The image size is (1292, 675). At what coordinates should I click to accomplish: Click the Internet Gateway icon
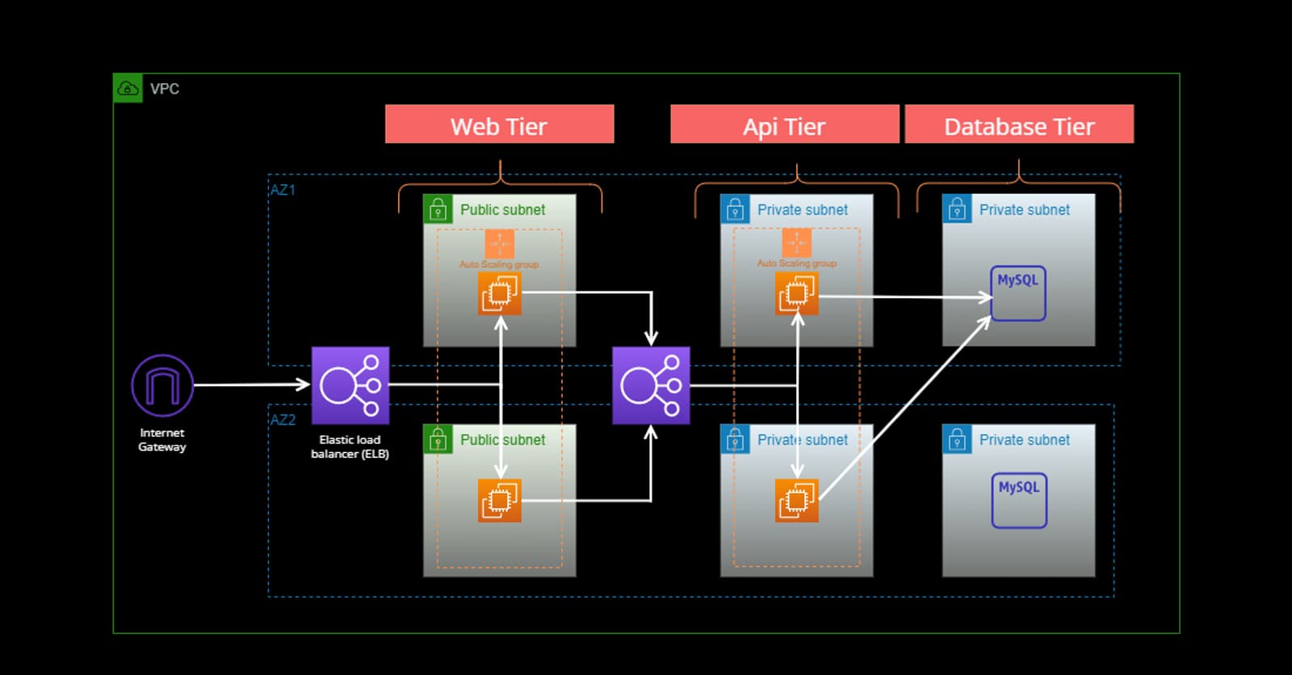pos(162,386)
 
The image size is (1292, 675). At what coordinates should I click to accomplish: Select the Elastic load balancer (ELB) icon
pos(350,386)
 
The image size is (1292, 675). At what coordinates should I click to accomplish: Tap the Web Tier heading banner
pos(499,124)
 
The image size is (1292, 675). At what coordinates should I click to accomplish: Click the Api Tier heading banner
pos(784,124)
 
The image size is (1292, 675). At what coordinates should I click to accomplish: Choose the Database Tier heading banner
pos(1019,124)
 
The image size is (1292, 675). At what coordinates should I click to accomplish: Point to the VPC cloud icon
pos(128,88)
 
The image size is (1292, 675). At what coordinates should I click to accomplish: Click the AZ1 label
pos(283,190)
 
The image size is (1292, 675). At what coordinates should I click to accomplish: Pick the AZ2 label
pos(283,420)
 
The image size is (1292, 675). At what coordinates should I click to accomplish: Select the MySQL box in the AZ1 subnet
pos(1018,294)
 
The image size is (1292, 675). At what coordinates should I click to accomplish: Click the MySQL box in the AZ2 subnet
pos(1019,501)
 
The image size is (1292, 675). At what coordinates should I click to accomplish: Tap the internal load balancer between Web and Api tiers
pos(651,386)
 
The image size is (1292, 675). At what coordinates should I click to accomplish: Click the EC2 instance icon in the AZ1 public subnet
pos(500,293)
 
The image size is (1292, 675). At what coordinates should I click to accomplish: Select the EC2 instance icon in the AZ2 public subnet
pos(500,501)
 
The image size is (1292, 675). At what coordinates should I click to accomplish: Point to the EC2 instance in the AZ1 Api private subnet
pos(797,293)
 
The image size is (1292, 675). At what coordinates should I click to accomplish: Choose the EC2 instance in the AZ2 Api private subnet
pos(797,501)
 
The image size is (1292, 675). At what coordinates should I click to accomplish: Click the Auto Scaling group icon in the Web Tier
pos(500,243)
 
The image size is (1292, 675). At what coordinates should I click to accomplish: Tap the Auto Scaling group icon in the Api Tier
pos(797,242)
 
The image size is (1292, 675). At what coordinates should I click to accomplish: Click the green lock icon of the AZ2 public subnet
pos(438,439)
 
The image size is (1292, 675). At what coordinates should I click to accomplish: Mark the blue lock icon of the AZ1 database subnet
pos(957,209)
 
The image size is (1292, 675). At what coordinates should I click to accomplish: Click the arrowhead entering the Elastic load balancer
pos(304,385)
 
